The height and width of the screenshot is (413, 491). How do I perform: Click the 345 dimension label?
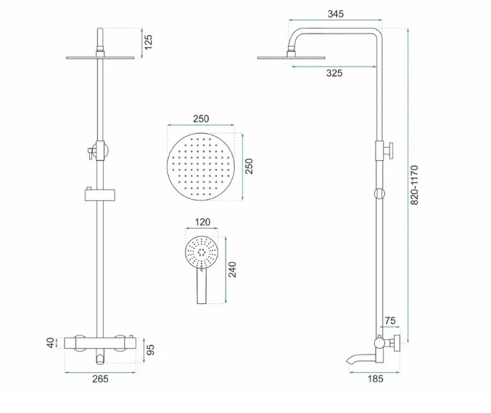coord(335,14)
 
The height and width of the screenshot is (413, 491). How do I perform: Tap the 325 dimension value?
coord(335,73)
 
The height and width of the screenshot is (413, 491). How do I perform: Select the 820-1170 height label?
coord(414,185)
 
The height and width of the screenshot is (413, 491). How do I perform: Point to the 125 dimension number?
coord(149,42)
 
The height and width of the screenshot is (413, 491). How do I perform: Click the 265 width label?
coord(100,379)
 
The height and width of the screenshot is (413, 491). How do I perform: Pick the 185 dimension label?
coord(375,379)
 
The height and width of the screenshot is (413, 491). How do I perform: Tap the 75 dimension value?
coord(390,321)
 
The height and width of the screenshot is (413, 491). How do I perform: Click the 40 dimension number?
coord(50,343)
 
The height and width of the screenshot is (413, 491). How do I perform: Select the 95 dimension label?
coord(151,349)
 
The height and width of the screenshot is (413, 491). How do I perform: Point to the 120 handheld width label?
coord(202,222)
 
